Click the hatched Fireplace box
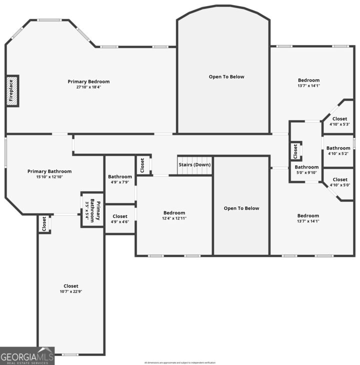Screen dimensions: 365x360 (x=12, y=90)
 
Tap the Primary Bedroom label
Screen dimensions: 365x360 (x=89, y=81)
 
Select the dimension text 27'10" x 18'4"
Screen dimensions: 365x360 (x=89, y=87)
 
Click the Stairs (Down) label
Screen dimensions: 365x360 (x=194, y=164)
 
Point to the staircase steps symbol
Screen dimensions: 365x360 (x=194, y=171)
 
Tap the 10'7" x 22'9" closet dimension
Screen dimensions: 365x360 (x=71, y=292)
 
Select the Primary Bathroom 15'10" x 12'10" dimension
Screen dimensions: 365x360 (x=49, y=177)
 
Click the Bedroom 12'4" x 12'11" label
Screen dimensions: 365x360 (x=174, y=213)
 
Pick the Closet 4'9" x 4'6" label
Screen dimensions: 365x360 (x=120, y=216)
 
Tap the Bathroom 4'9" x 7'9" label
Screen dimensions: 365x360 (x=120, y=176)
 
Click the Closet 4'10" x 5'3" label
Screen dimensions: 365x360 (x=339, y=119)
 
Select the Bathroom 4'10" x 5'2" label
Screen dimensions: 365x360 (x=338, y=148)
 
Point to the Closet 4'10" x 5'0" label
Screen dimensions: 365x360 (x=339, y=179)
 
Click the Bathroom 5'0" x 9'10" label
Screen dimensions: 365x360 (x=306, y=167)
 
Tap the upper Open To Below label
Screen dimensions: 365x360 (x=226, y=76)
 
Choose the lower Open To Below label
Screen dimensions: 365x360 (x=241, y=208)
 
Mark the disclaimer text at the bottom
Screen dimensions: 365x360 (x=179, y=362)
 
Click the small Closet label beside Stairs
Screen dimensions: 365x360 (x=142, y=165)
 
